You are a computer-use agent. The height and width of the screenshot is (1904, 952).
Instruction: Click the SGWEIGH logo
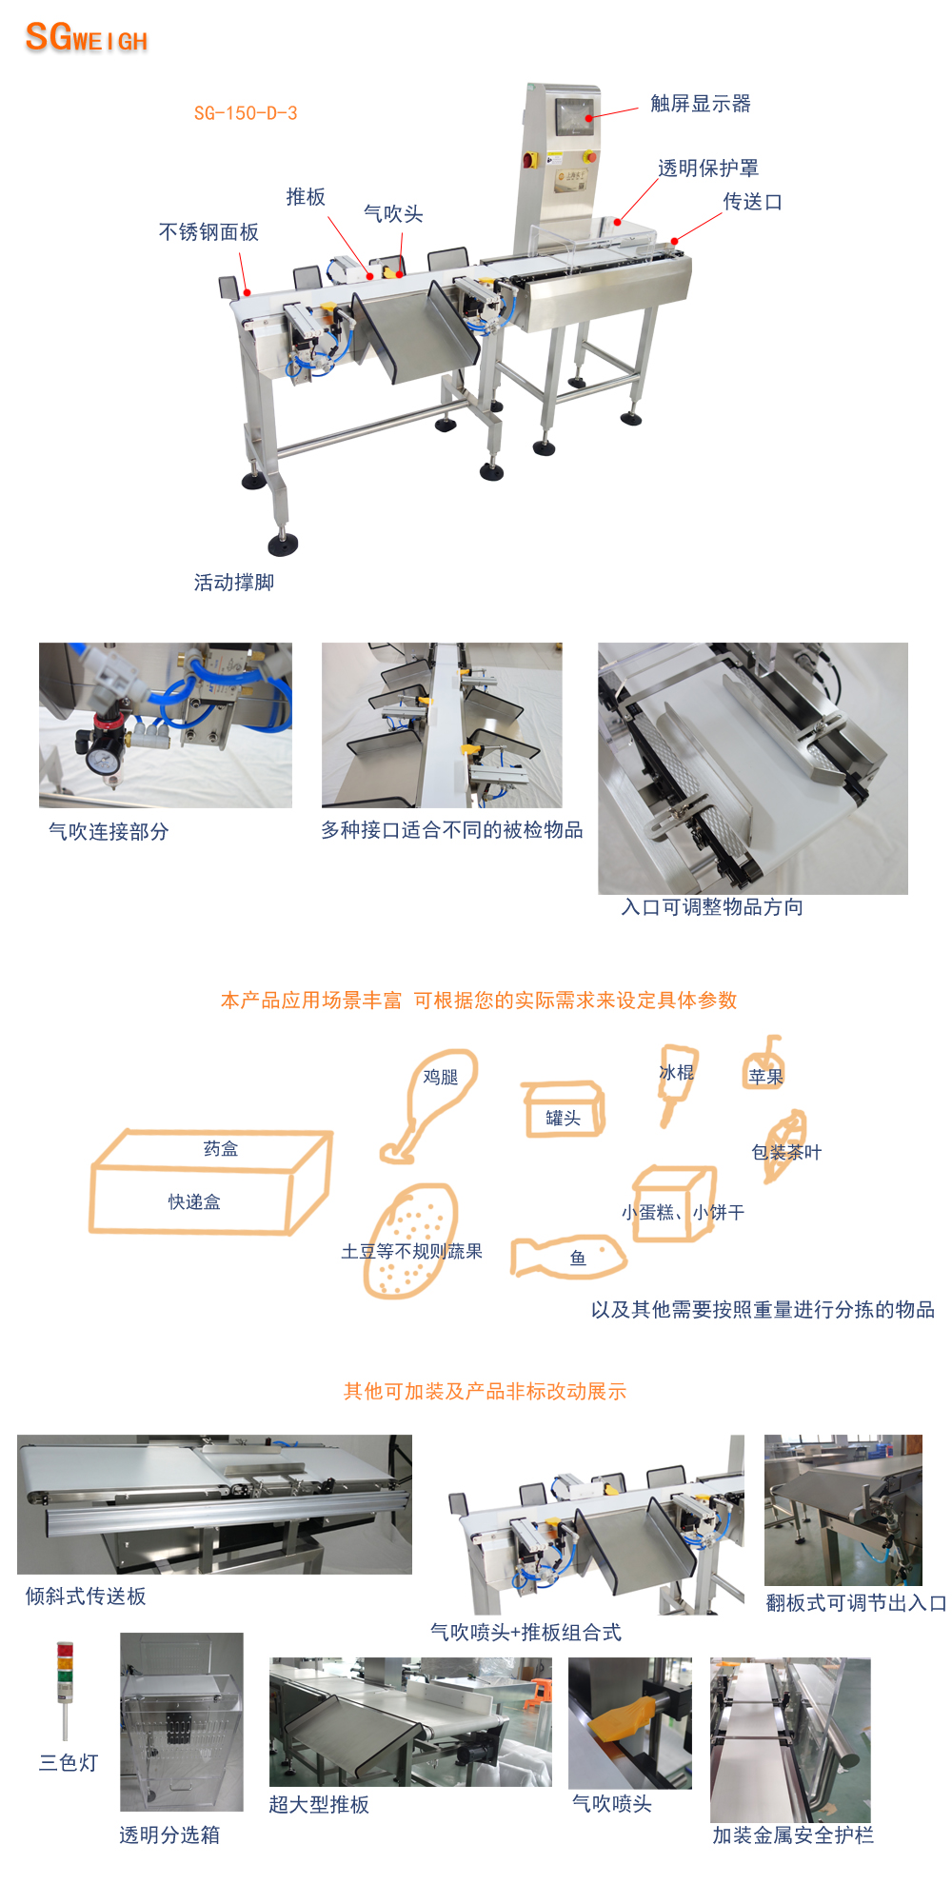click(87, 37)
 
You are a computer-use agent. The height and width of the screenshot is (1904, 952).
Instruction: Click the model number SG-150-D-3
click(246, 113)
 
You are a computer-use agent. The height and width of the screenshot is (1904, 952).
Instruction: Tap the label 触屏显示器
click(701, 103)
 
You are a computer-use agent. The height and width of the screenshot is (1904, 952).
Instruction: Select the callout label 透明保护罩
click(708, 169)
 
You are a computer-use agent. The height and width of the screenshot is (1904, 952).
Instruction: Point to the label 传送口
click(753, 202)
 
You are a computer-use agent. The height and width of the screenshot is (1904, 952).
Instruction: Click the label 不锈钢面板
click(208, 232)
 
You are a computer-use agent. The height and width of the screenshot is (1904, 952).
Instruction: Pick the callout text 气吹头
click(393, 214)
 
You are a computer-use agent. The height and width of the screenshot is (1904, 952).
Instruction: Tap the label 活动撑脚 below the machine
click(234, 582)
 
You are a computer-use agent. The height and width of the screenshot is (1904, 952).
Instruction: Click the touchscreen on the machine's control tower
click(575, 117)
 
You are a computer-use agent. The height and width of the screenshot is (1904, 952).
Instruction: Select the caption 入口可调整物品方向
click(712, 907)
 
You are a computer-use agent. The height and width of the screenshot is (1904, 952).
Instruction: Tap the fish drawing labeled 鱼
click(568, 1257)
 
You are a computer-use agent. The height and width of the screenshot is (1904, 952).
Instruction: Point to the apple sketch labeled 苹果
click(764, 1063)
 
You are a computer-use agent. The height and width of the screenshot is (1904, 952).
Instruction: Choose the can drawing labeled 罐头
click(563, 1109)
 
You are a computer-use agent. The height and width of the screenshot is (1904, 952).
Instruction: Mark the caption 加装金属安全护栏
click(793, 1835)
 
